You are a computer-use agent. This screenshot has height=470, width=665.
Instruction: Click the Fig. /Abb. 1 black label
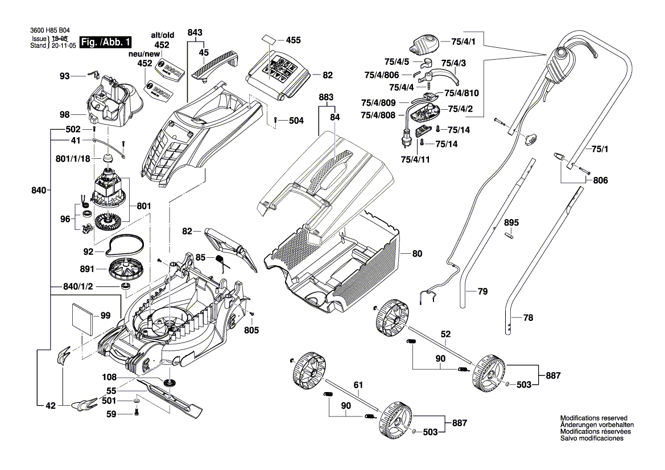coord(106,43)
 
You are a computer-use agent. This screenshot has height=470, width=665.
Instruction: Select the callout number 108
coord(109,377)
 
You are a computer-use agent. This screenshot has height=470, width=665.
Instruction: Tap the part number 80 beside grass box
coord(417,253)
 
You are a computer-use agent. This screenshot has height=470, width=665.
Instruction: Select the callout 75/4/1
coord(463,42)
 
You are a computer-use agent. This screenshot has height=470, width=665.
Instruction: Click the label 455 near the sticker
coord(293,40)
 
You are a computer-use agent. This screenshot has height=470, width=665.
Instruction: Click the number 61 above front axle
coord(357,385)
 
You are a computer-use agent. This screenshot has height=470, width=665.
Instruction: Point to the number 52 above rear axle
coord(445,334)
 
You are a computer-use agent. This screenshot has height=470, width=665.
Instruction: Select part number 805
coord(251,330)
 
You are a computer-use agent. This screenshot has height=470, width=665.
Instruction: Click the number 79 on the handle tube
coord(482,292)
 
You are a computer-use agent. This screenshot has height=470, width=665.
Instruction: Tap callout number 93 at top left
coord(64,76)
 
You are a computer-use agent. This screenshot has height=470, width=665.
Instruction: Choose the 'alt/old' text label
coord(162,35)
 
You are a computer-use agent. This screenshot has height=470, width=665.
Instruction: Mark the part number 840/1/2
coord(79,287)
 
